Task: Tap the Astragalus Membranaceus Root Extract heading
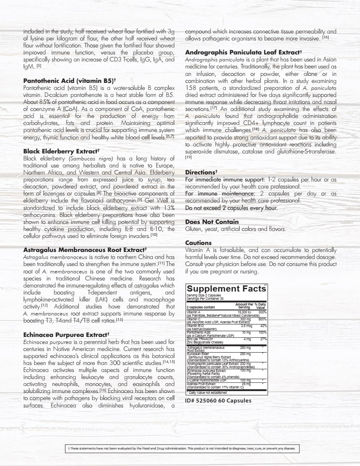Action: point(85,249)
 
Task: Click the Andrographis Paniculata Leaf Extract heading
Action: point(244,52)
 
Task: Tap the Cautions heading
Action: point(198,243)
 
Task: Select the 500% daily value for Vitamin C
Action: point(262,319)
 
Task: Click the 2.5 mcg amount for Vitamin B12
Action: point(246,326)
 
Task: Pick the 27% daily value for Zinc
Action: point(263,339)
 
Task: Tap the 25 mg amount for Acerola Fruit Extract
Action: point(246,384)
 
